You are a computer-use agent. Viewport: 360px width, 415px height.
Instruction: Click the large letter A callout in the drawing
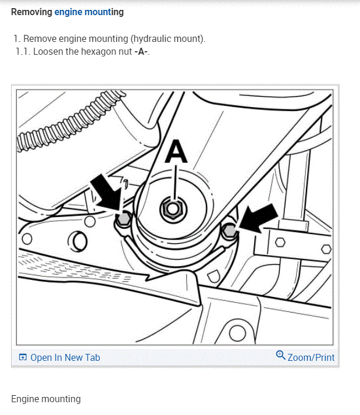(177, 152)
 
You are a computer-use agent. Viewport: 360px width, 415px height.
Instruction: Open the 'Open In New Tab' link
(65, 357)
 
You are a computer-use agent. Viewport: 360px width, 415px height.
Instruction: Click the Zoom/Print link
(311, 357)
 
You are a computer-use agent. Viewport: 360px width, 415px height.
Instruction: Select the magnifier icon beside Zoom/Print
(280, 356)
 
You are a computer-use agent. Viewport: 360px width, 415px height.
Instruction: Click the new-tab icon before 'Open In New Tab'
(22, 357)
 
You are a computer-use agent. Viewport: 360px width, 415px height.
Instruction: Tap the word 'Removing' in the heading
(31, 12)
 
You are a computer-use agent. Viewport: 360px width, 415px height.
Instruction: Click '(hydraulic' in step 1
(151, 39)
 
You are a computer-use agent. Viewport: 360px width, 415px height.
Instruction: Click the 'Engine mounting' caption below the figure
(46, 399)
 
